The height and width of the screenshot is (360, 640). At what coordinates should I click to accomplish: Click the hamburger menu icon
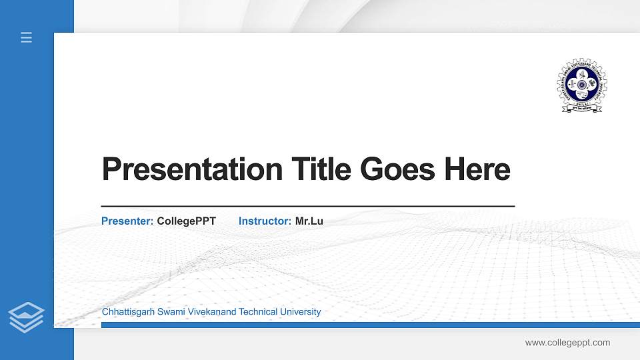26,38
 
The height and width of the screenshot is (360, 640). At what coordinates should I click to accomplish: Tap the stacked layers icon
27,317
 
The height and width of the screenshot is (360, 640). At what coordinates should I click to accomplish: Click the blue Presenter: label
127,221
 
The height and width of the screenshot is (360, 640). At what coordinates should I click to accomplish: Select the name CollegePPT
187,221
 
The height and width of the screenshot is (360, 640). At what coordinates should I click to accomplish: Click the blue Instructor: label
265,221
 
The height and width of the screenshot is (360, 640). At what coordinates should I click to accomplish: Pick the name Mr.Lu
309,221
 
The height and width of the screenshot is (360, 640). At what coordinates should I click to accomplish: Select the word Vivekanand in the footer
209,312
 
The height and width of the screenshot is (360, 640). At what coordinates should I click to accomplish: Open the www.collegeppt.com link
567,343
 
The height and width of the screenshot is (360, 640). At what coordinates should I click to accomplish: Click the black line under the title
307,207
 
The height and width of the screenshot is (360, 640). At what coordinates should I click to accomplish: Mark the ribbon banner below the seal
582,108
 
